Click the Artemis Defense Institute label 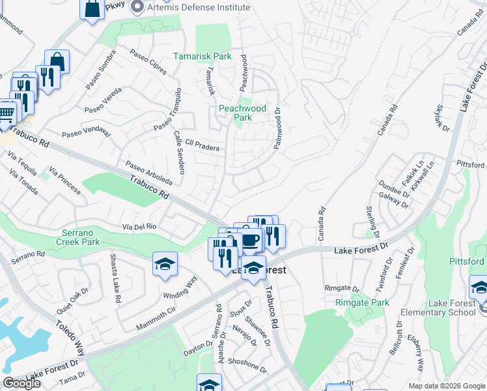(x=199, y=7)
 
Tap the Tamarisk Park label (x=202, y=57)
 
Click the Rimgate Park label (x=362, y=302)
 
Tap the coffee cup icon (x=251, y=240)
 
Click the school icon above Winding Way (x=165, y=264)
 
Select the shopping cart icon (x=5, y=113)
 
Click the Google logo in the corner (x=21, y=383)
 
